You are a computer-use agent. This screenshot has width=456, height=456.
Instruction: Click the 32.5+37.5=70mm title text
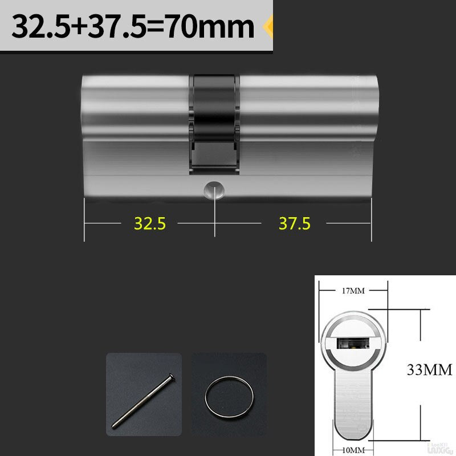point(132,26)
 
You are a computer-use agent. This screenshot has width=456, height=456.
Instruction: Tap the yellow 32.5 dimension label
point(149,223)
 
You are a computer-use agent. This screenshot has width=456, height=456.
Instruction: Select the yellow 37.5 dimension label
point(294,223)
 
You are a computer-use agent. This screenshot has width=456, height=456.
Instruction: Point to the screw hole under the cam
point(215,189)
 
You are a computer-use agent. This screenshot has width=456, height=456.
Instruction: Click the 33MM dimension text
point(429,370)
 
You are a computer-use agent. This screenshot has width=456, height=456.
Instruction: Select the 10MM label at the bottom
point(352,450)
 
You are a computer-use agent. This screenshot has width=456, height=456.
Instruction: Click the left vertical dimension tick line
point(84,219)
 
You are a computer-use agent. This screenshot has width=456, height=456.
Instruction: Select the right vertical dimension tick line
point(371,219)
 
